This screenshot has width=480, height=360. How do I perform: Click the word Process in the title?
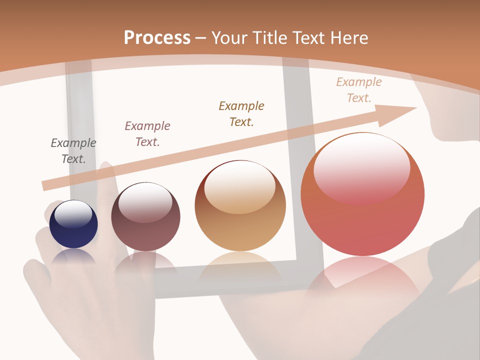(x=157, y=38)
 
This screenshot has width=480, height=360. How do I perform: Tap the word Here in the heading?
(x=348, y=38)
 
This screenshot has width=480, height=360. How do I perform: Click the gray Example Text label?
(x=73, y=151)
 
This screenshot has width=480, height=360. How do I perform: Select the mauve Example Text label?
(x=147, y=134)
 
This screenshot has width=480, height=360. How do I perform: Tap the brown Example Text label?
(x=241, y=114)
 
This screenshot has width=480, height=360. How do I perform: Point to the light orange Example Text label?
(x=359, y=90)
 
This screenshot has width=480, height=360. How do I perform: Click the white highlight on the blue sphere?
(x=73, y=214)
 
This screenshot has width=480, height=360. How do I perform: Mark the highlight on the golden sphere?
(x=240, y=186)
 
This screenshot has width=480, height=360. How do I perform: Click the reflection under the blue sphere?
(x=73, y=256)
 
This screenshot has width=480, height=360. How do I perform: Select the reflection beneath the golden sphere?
(x=240, y=265)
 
